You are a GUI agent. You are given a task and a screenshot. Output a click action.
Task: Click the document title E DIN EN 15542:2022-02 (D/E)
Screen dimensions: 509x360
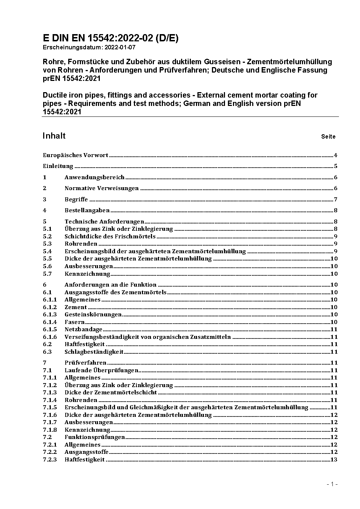click(110, 38)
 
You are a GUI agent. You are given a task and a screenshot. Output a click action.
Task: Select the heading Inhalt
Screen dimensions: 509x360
click(54, 136)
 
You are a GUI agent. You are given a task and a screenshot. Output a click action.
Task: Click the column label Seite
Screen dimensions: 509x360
click(328, 137)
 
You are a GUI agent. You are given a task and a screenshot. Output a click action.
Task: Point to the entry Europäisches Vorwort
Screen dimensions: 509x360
click(75, 155)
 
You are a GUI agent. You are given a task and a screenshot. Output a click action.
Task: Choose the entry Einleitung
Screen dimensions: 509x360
click(58, 166)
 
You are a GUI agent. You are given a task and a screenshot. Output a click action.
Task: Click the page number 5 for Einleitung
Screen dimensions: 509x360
click(336, 166)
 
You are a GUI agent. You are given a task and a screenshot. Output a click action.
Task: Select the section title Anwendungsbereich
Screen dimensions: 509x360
click(94, 177)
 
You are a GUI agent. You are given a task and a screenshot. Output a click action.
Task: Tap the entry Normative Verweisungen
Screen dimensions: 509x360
click(102, 188)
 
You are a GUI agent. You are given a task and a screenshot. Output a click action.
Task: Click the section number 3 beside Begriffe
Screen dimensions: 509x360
click(45, 200)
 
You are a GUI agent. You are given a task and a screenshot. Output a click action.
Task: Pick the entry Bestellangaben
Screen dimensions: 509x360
click(87, 210)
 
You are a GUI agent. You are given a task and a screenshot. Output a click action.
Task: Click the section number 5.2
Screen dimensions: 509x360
click(47, 237)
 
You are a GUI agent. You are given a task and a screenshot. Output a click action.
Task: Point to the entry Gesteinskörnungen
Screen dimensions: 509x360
click(93, 315)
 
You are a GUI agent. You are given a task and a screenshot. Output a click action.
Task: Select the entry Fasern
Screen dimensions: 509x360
click(74, 322)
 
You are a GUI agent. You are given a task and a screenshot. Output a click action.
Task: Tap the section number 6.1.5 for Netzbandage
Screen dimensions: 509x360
click(50, 329)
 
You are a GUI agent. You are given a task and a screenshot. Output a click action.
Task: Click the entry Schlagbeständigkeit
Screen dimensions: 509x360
click(94, 352)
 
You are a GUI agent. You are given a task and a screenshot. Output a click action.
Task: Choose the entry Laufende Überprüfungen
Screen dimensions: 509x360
click(101, 370)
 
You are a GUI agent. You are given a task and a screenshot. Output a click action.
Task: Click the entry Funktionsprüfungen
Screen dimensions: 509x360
click(94, 437)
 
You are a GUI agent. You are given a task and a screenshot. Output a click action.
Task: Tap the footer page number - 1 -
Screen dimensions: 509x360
click(332, 484)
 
